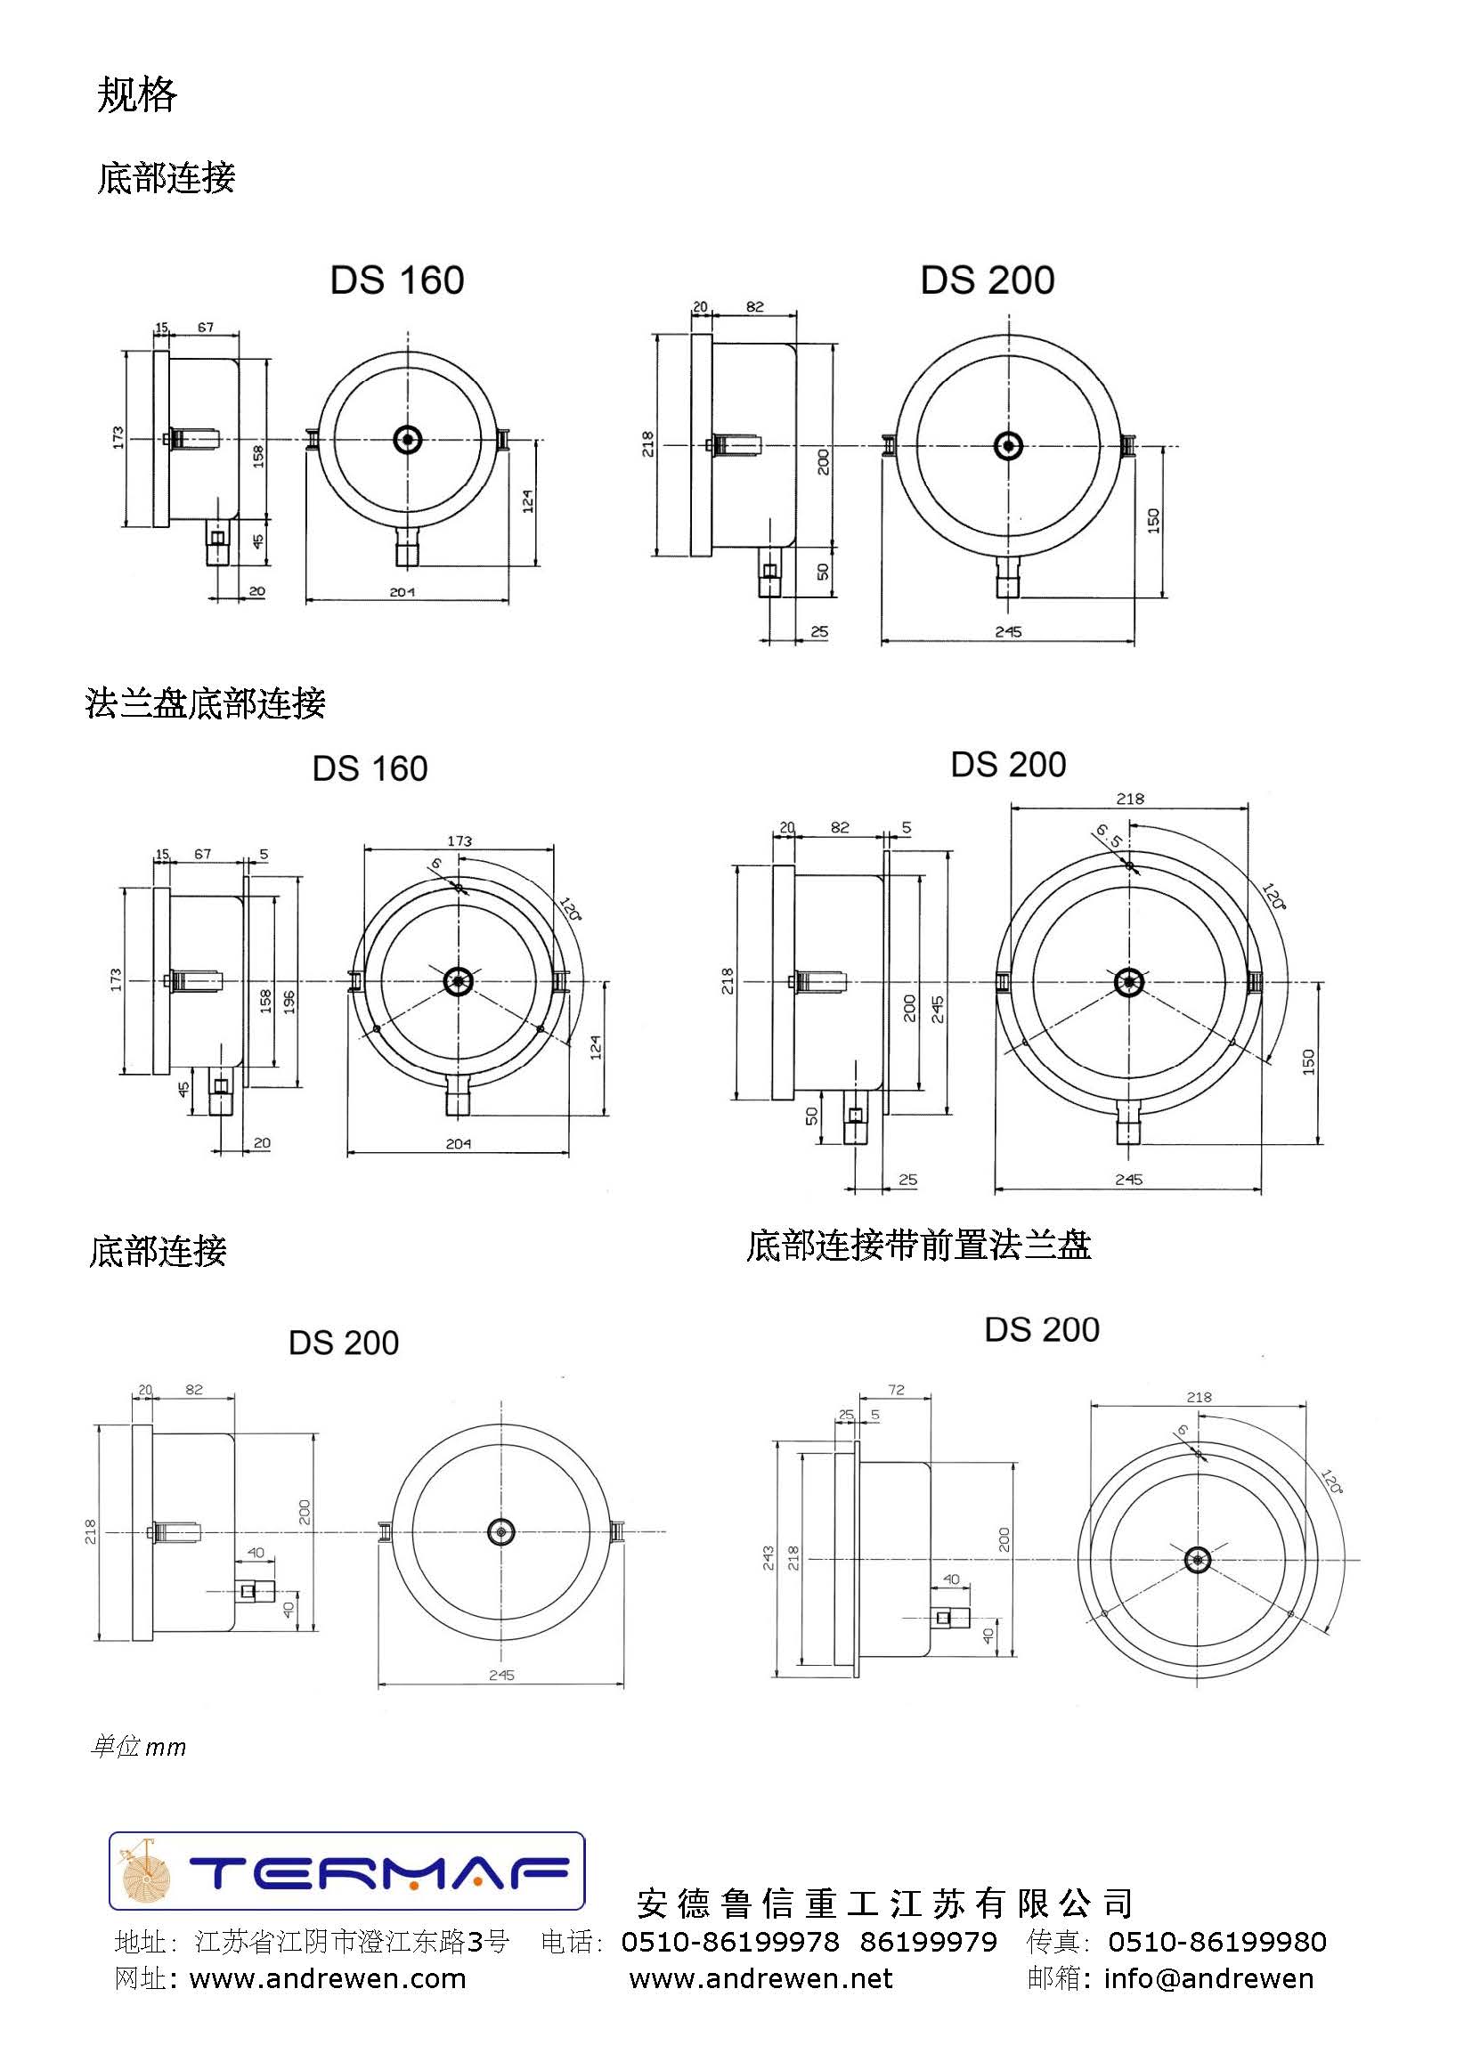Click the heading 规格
click(x=137, y=94)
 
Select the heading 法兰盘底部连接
click(x=205, y=703)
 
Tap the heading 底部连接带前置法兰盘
click(x=918, y=1245)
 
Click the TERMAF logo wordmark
click(x=378, y=1871)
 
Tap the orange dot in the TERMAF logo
click(x=413, y=1887)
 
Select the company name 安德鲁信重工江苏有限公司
click(x=884, y=1904)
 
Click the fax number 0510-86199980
click(x=1217, y=1942)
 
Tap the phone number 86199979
click(x=928, y=1942)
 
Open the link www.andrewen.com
click(x=327, y=1978)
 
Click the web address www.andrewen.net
click(x=760, y=1978)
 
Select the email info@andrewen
click(x=1208, y=1978)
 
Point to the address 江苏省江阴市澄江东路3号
click(x=352, y=1942)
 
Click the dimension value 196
click(x=289, y=1001)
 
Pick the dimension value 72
click(x=897, y=1389)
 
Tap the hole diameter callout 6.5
click(x=1110, y=834)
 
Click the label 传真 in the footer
click(x=1054, y=1942)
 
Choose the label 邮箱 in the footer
click(x=1054, y=1978)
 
